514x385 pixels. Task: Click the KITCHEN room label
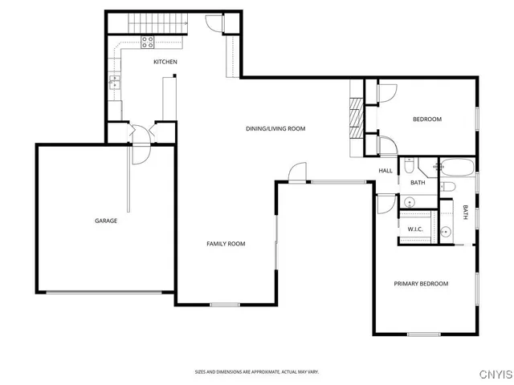pyautogui.click(x=165, y=62)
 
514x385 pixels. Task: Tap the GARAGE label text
pyautogui.click(x=106, y=221)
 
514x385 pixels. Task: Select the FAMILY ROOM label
pyautogui.click(x=226, y=244)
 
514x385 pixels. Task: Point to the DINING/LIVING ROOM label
pyautogui.click(x=275, y=128)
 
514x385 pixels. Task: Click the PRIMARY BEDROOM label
pyautogui.click(x=420, y=284)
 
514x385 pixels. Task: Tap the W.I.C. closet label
pyautogui.click(x=415, y=229)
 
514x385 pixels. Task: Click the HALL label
pyautogui.click(x=385, y=171)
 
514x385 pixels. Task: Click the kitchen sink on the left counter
pyautogui.click(x=115, y=80)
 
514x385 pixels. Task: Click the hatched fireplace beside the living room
pyautogui.click(x=355, y=115)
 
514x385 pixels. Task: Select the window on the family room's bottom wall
pyautogui.click(x=225, y=304)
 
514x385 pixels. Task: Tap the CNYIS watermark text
pyautogui.click(x=495, y=373)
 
